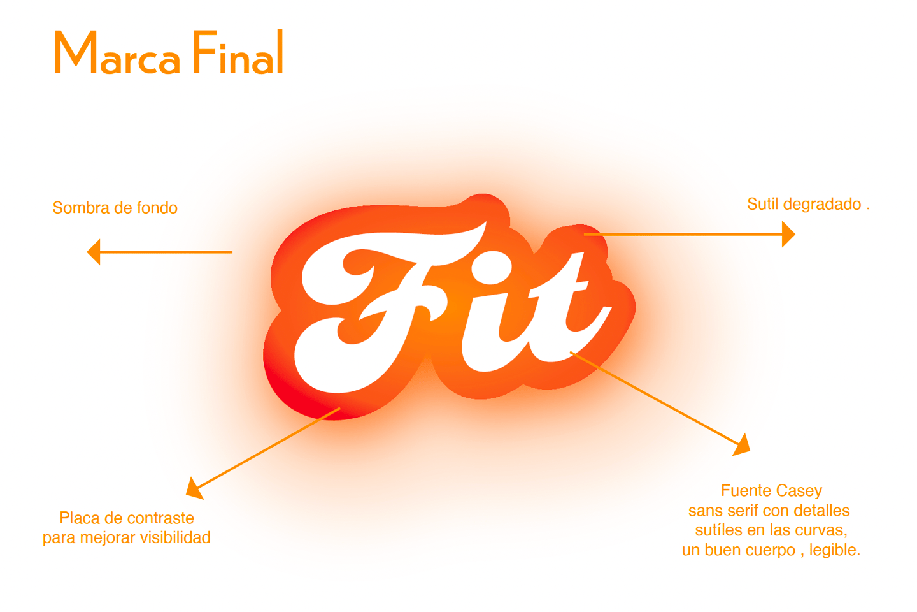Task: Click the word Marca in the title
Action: (117, 54)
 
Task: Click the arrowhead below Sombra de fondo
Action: (94, 252)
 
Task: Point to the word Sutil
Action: (762, 204)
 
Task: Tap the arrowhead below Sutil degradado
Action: (788, 234)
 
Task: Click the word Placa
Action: (80, 518)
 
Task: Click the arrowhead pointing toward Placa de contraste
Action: (194, 488)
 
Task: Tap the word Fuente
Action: (743, 490)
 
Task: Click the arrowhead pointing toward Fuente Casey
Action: (742, 444)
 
